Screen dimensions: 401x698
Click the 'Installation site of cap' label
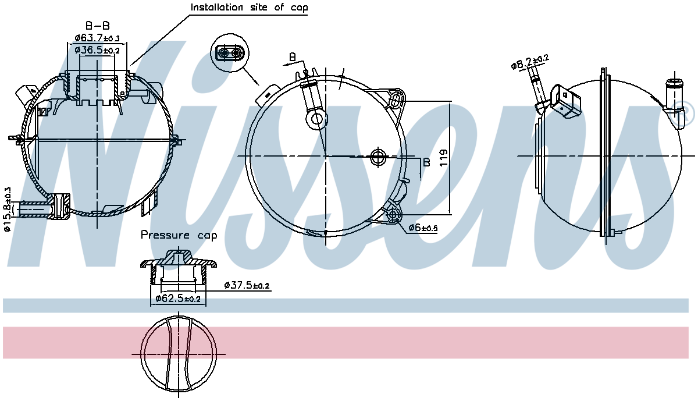click(x=250, y=8)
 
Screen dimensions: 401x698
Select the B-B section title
click(x=97, y=26)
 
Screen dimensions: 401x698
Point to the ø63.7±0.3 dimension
click(x=97, y=38)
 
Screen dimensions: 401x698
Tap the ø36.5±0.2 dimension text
click(x=97, y=51)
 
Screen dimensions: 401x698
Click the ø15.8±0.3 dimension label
click(x=8, y=208)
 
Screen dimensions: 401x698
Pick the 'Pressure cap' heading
click(x=179, y=236)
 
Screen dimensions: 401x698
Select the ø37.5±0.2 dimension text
click(x=247, y=285)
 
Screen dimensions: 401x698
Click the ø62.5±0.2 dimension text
click(x=178, y=299)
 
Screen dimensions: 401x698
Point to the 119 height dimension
click(x=443, y=157)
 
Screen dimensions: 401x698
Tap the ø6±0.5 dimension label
click(x=422, y=228)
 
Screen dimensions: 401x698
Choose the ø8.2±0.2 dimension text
click(x=530, y=61)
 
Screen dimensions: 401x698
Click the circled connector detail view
click(x=229, y=54)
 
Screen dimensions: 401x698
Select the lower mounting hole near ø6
click(x=394, y=215)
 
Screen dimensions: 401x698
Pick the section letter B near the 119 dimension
click(x=426, y=162)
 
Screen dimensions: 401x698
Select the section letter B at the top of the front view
click(x=293, y=57)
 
